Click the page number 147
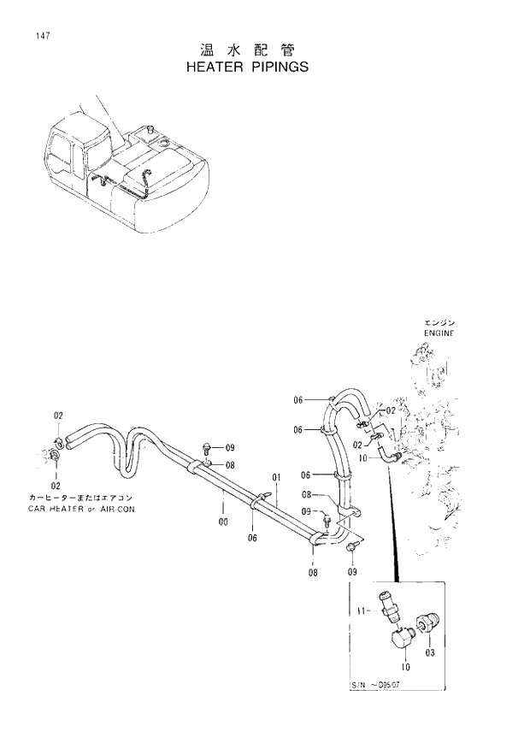click(41, 35)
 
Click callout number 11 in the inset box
click(362, 610)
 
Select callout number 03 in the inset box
click(430, 652)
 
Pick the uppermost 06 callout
click(298, 400)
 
